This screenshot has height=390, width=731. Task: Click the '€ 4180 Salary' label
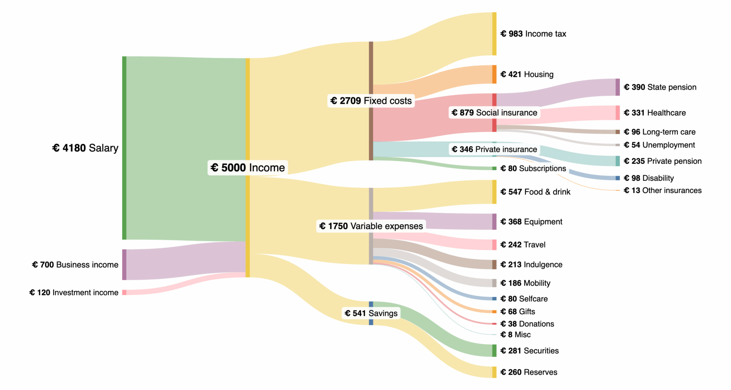coord(85,148)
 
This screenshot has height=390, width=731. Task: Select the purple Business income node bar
coord(124,265)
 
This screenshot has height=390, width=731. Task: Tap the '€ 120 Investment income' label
coord(74,292)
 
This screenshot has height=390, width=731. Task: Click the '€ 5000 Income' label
coord(247,168)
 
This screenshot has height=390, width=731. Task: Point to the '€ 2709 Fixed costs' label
coord(371,101)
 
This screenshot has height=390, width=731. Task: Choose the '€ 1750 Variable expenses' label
coord(371,226)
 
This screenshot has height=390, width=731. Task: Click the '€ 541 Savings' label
coord(371,313)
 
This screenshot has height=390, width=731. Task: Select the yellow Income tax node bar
coord(494,34)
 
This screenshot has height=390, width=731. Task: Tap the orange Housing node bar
coord(494,74)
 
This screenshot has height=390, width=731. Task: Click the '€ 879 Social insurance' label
coord(494,112)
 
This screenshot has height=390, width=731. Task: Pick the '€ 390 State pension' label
coord(660,87)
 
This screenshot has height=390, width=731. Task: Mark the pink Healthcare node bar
coord(618,113)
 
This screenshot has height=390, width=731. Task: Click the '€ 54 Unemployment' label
coord(659,145)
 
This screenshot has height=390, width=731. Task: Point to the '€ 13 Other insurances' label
coord(662,190)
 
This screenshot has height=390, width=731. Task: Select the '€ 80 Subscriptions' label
coord(533,168)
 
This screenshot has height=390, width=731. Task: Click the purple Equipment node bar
coord(494,222)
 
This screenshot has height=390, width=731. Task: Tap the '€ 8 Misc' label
coord(515,334)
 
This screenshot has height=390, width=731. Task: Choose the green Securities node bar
coord(494,350)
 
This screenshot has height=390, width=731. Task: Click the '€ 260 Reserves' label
coord(528,372)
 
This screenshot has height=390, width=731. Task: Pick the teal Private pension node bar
coord(618,161)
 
